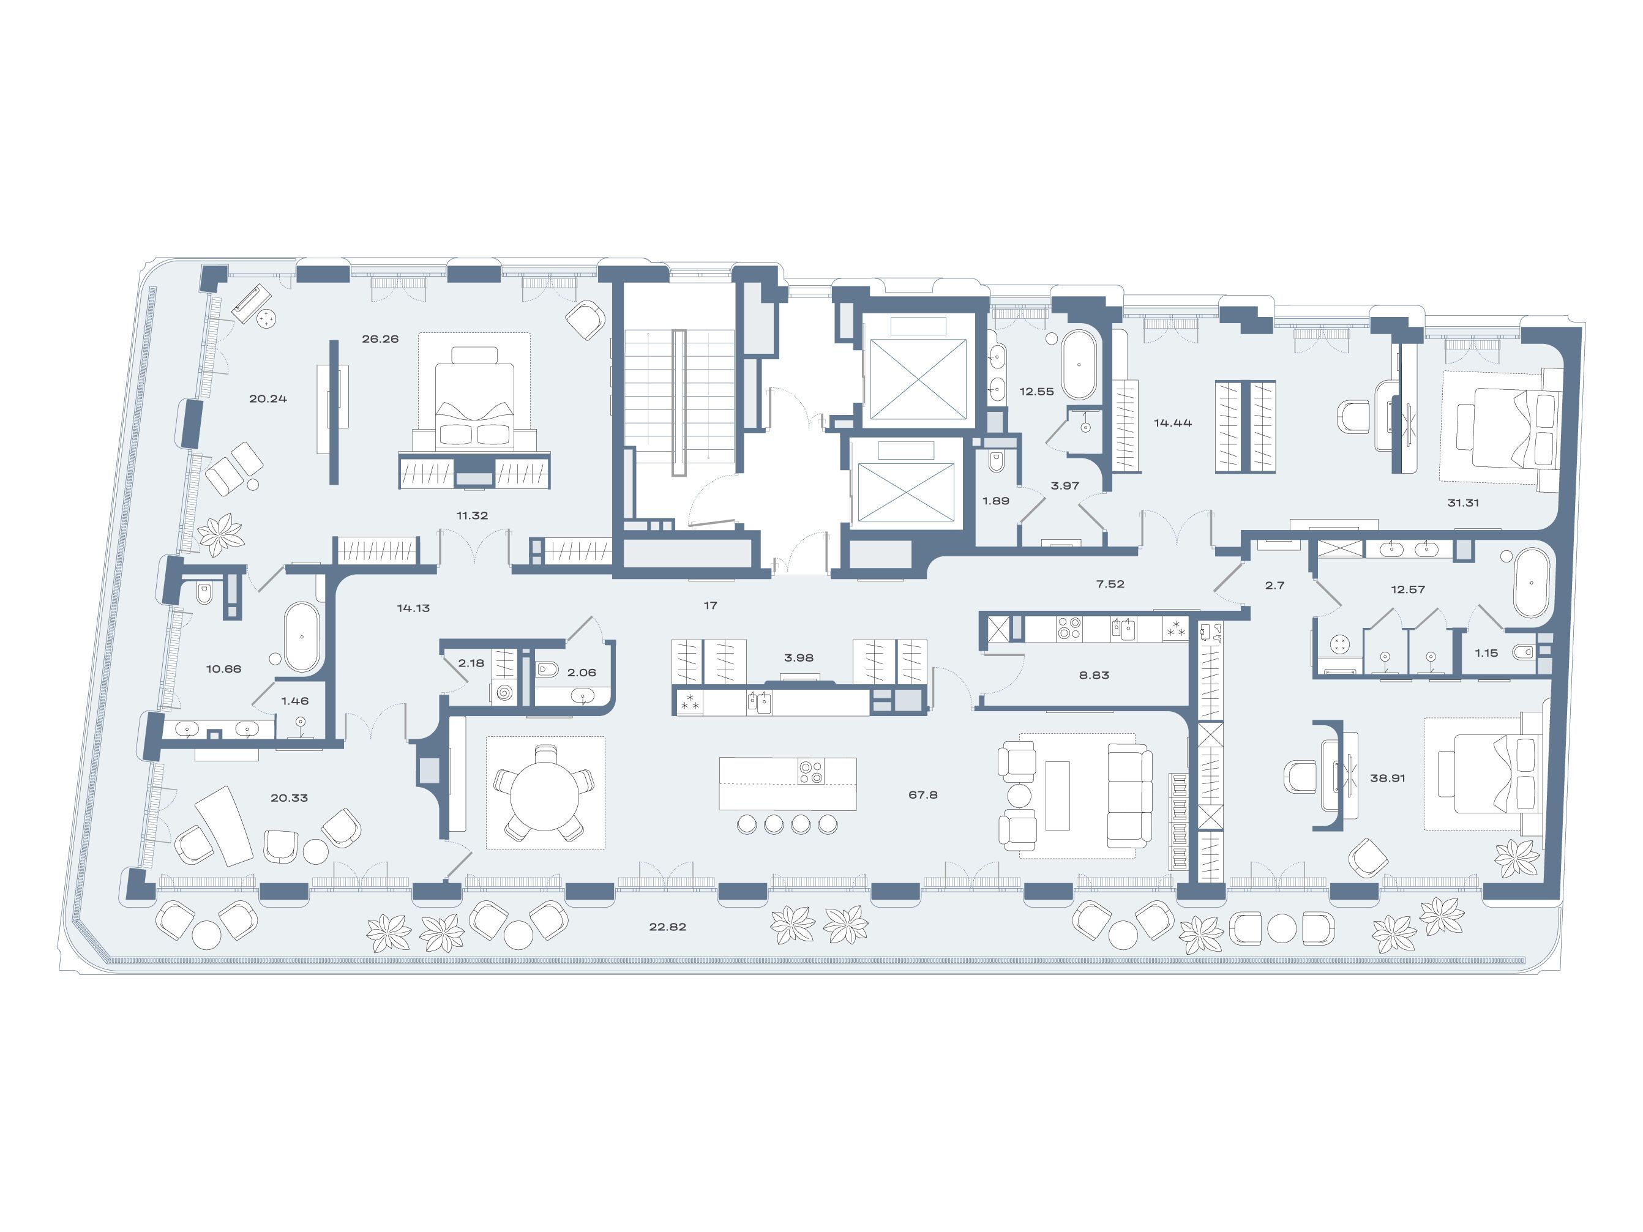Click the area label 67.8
(x=923, y=794)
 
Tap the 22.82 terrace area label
(x=667, y=927)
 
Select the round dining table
(x=545, y=794)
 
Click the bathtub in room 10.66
(x=302, y=637)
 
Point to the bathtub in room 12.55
(x=1079, y=365)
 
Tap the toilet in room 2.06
(x=547, y=669)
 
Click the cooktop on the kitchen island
(x=811, y=772)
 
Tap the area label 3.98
(x=798, y=658)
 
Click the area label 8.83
(x=1093, y=676)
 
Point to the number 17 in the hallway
(x=710, y=606)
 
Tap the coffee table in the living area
(x=1057, y=796)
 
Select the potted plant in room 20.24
(x=220, y=534)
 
